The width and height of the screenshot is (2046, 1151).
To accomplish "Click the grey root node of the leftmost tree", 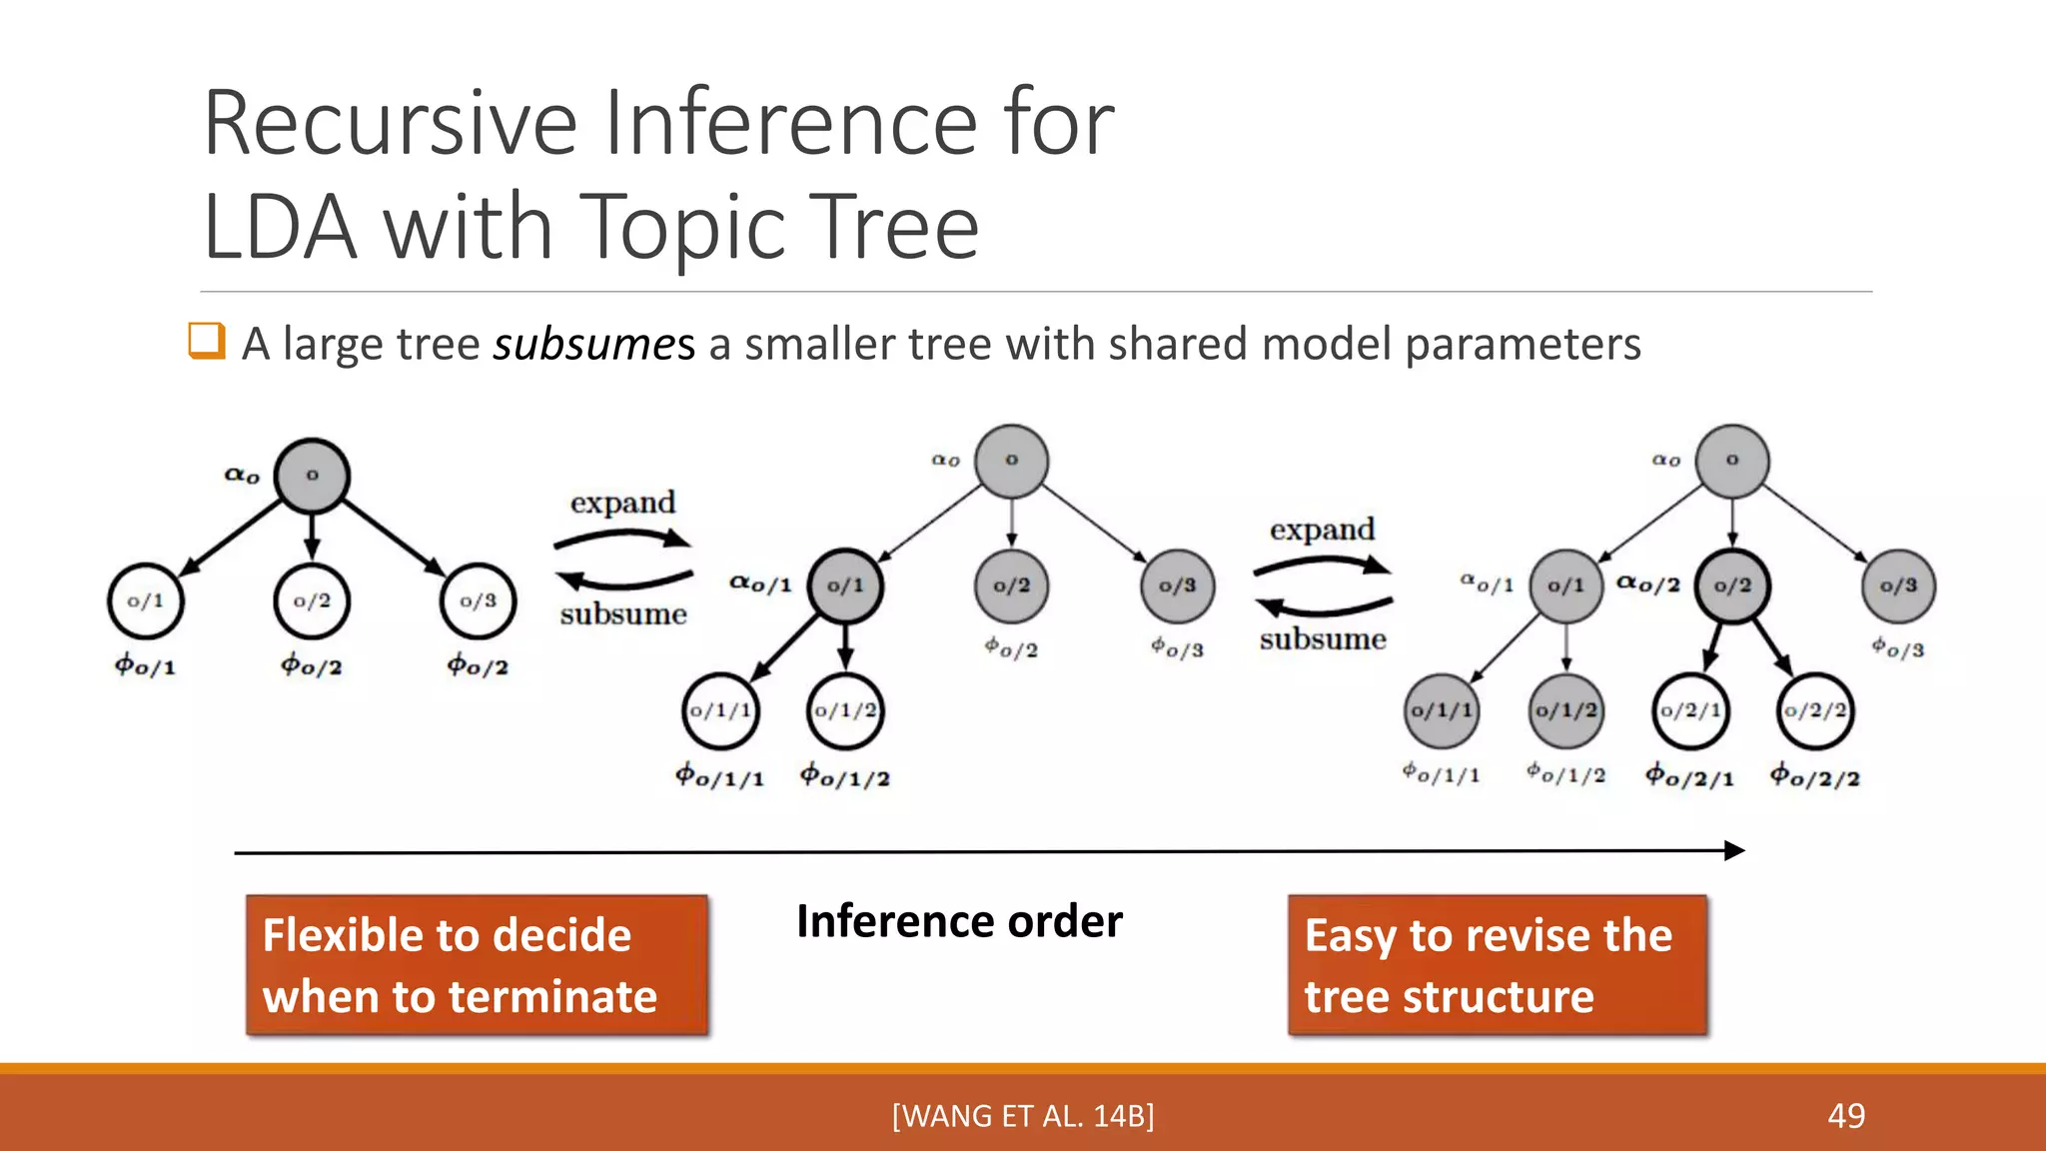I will (312, 476).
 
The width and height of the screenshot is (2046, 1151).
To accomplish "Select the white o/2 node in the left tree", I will (312, 600).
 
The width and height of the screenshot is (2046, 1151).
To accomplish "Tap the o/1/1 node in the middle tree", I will (720, 710).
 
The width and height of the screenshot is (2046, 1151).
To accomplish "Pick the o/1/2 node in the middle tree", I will (845, 710).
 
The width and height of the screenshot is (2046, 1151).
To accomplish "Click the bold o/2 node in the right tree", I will (1732, 585).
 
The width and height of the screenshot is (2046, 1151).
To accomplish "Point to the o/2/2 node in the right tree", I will (1815, 710).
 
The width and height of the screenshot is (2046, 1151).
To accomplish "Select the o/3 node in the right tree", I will (1898, 585).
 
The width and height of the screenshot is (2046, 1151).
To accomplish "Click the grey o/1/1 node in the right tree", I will (1441, 710).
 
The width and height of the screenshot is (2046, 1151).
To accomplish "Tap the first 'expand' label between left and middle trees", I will (622, 502).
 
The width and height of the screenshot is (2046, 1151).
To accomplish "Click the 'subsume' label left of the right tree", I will (1323, 638).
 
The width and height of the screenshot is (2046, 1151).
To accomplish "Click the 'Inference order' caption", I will (959, 920).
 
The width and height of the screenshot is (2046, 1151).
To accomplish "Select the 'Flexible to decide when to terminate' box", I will (478, 965).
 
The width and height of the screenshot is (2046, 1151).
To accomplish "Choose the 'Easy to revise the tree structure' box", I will (1498, 965).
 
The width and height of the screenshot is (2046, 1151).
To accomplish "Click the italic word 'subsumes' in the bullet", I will (593, 344).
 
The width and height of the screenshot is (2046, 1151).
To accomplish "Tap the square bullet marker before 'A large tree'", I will (207, 341).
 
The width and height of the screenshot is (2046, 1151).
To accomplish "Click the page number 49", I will (1845, 1115).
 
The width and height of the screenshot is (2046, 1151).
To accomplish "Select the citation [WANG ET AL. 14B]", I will (1023, 1115).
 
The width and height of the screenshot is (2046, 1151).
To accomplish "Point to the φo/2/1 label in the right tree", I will (1689, 775).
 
